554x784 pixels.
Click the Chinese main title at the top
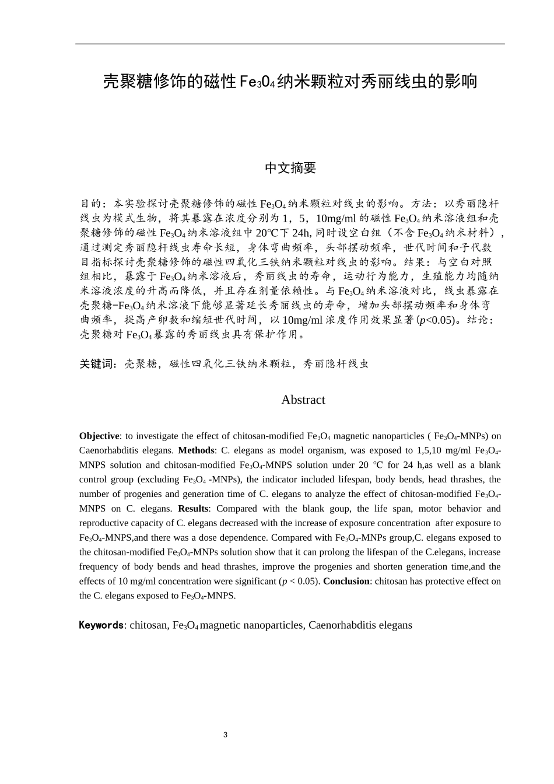290,81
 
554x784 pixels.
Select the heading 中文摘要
290,168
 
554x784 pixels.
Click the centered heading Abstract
303,400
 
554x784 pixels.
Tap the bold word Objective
99,436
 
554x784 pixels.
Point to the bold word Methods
196,450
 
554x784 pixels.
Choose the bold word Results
193,509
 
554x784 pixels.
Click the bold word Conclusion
346,581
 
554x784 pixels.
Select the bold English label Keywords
101,625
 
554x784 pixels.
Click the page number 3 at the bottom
225,734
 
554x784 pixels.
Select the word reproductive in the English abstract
102,523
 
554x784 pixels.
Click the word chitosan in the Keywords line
148,625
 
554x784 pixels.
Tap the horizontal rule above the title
290,44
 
